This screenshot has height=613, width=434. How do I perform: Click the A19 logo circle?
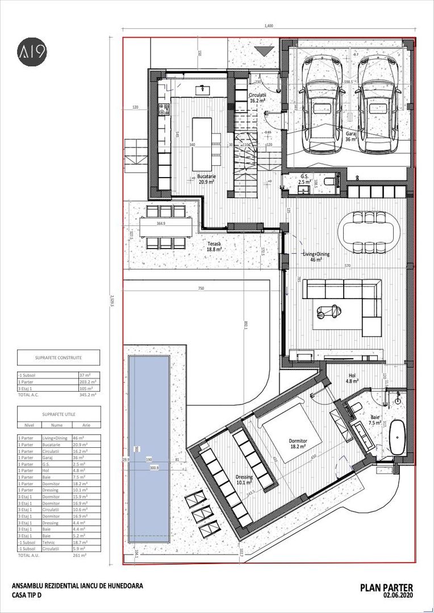31,52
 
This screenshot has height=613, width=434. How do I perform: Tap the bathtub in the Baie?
397,438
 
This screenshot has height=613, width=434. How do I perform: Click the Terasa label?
214,246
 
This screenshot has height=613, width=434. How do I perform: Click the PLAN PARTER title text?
386,587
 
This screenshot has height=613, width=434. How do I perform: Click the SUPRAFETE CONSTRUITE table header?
58,358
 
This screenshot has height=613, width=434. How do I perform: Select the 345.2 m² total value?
88,393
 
